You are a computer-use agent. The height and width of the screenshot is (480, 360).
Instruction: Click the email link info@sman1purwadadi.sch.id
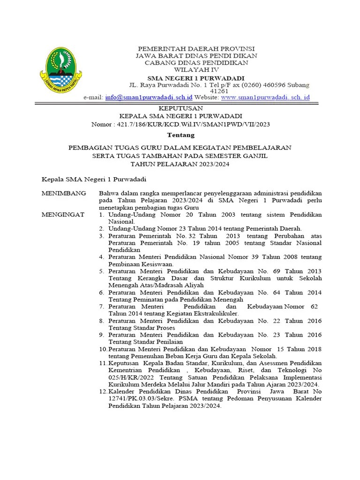coord(149,97)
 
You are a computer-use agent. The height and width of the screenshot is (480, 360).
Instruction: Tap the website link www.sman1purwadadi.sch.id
coord(265,97)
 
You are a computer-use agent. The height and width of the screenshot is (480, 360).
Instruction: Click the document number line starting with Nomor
coord(180,124)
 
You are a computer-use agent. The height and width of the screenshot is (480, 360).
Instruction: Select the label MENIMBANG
coord(64,193)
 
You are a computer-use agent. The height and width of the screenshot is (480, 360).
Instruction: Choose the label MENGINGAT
coord(63,214)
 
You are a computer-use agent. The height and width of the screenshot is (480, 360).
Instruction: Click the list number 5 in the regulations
coord(101,271)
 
